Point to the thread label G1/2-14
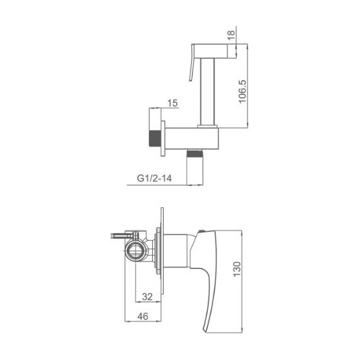153,179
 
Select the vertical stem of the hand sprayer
208,88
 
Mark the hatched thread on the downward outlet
195,154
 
